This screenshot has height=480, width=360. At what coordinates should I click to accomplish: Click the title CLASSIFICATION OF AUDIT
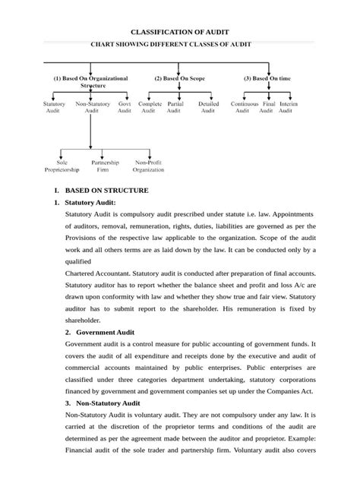pyautogui.click(x=181, y=33)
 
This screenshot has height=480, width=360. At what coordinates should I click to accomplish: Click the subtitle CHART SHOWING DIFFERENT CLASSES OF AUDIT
pyautogui.click(x=181, y=45)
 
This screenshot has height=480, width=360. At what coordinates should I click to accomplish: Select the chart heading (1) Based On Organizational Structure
pyautogui.click(x=90, y=82)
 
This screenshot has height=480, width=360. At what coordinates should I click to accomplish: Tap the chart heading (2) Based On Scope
pyautogui.click(x=178, y=78)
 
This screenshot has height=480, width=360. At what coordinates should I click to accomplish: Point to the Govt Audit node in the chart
pyautogui.click(x=124, y=106)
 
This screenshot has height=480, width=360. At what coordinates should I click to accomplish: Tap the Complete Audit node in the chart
pyautogui.click(x=141, y=106)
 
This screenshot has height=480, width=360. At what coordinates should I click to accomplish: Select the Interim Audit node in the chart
pyautogui.click(x=288, y=106)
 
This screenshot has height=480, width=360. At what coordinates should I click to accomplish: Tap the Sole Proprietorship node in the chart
pyautogui.click(x=62, y=166)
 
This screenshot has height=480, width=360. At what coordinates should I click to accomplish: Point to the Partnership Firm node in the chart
pyautogui.click(x=105, y=166)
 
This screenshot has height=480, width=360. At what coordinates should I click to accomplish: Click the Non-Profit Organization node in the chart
pyautogui.click(x=148, y=166)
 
